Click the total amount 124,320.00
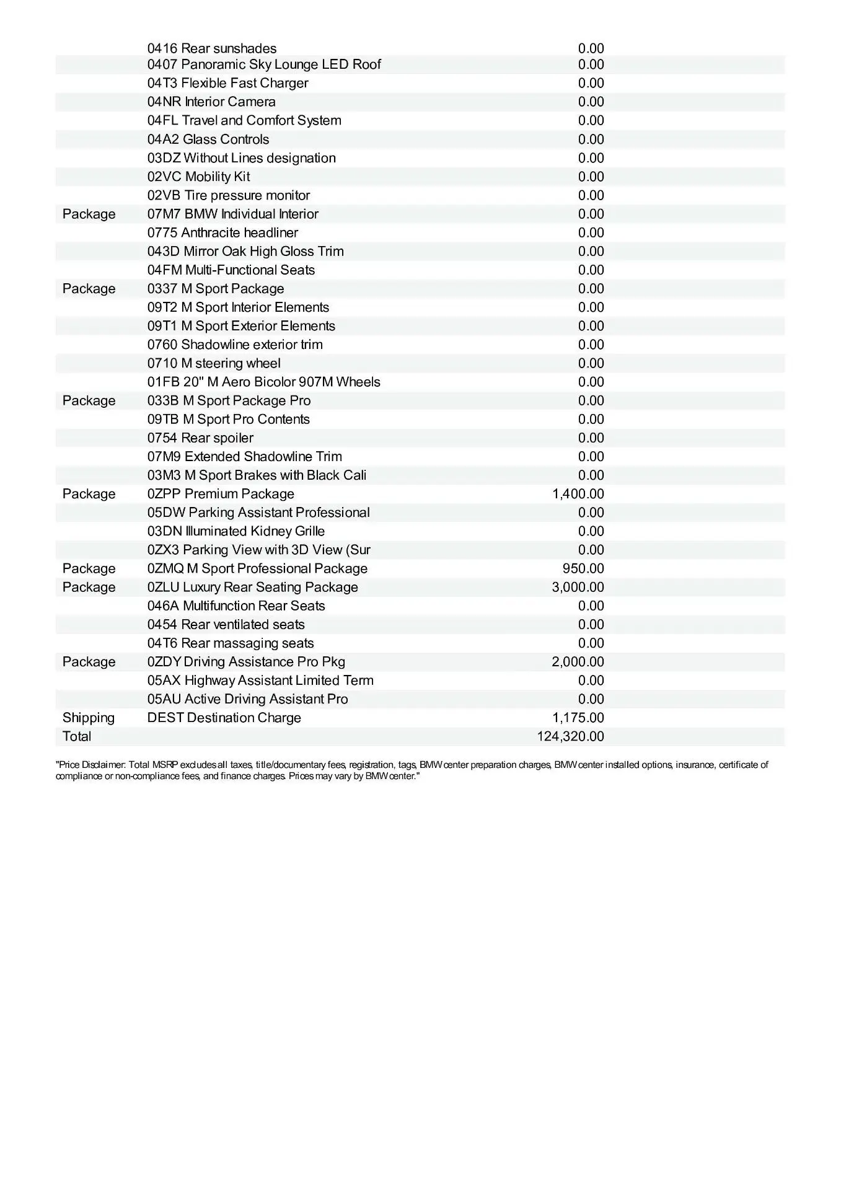[570, 736]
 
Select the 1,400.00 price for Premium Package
[578, 494]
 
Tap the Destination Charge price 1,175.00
[578, 718]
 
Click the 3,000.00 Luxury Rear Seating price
[578, 587]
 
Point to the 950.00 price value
[583, 568]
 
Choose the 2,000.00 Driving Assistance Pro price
[578, 662]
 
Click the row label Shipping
[89, 718]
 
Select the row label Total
[77, 736]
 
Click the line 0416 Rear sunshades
[212, 48]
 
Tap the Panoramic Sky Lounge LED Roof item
[264, 64]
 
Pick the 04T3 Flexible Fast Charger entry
[227, 83]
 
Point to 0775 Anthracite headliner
[222, 232]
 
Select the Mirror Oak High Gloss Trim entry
[245, 251]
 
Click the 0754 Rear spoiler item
[200, 438]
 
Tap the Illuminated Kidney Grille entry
[236, 531]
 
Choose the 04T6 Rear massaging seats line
[231, 643]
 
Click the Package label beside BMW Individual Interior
[89, 214]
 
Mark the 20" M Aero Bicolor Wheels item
[264, 382]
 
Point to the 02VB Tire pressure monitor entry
[229, 195]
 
